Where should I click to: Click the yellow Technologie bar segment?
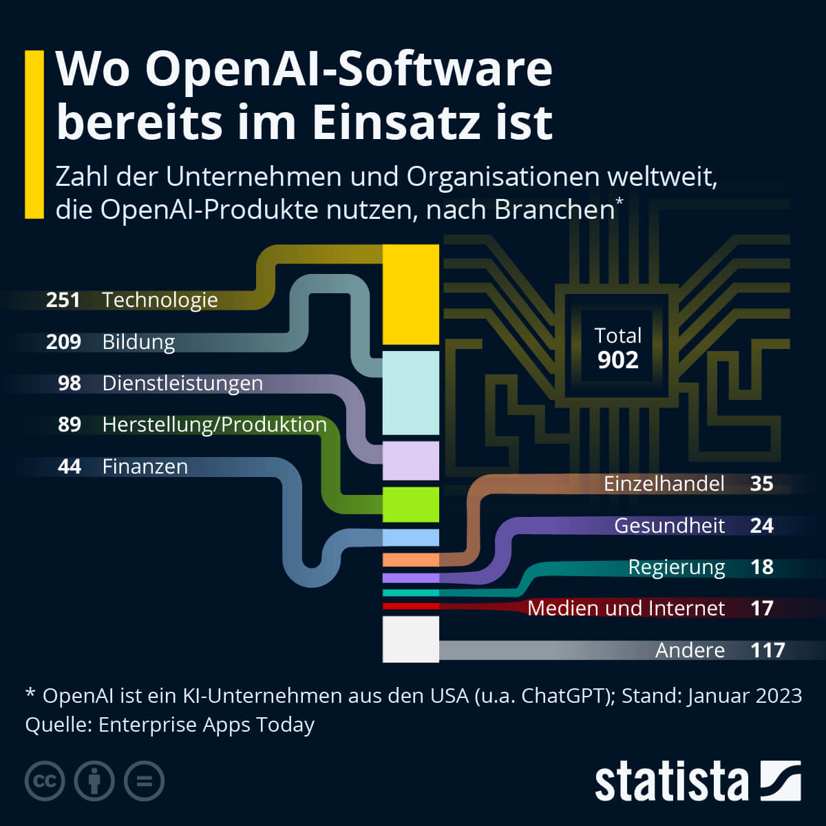point(410,295)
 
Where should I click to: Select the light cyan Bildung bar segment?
point(410,393)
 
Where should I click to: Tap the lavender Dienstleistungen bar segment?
point(410,460)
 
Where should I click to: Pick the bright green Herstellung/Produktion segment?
point(410,505)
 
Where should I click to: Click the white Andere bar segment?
point(410,639)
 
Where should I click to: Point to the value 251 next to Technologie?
point(63,300)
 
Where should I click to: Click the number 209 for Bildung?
point(63,342)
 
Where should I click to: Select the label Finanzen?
point(145,467)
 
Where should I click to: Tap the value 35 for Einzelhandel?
point(761,484)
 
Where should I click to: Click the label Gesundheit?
point(669,526)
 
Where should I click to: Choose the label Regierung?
point(677,567)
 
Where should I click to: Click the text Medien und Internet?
point(626,608)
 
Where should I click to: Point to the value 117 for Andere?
point(767,650)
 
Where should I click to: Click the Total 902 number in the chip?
point(617,360)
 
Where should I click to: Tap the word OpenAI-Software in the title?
point(349,70)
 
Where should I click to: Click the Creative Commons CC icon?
point(45,781)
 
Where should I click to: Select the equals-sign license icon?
point(144,781)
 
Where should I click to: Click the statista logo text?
point(671,782)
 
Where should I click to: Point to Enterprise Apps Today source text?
point(206,725)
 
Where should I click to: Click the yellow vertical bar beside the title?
point(34,134)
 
